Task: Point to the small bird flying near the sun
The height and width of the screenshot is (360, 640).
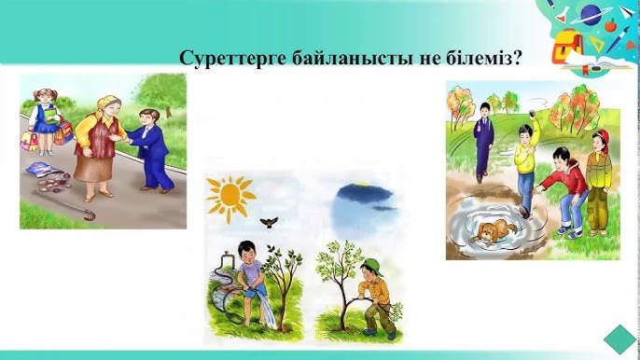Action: click(x=270, y=222)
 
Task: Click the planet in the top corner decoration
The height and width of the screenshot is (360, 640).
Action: click(x=592, y=13)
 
